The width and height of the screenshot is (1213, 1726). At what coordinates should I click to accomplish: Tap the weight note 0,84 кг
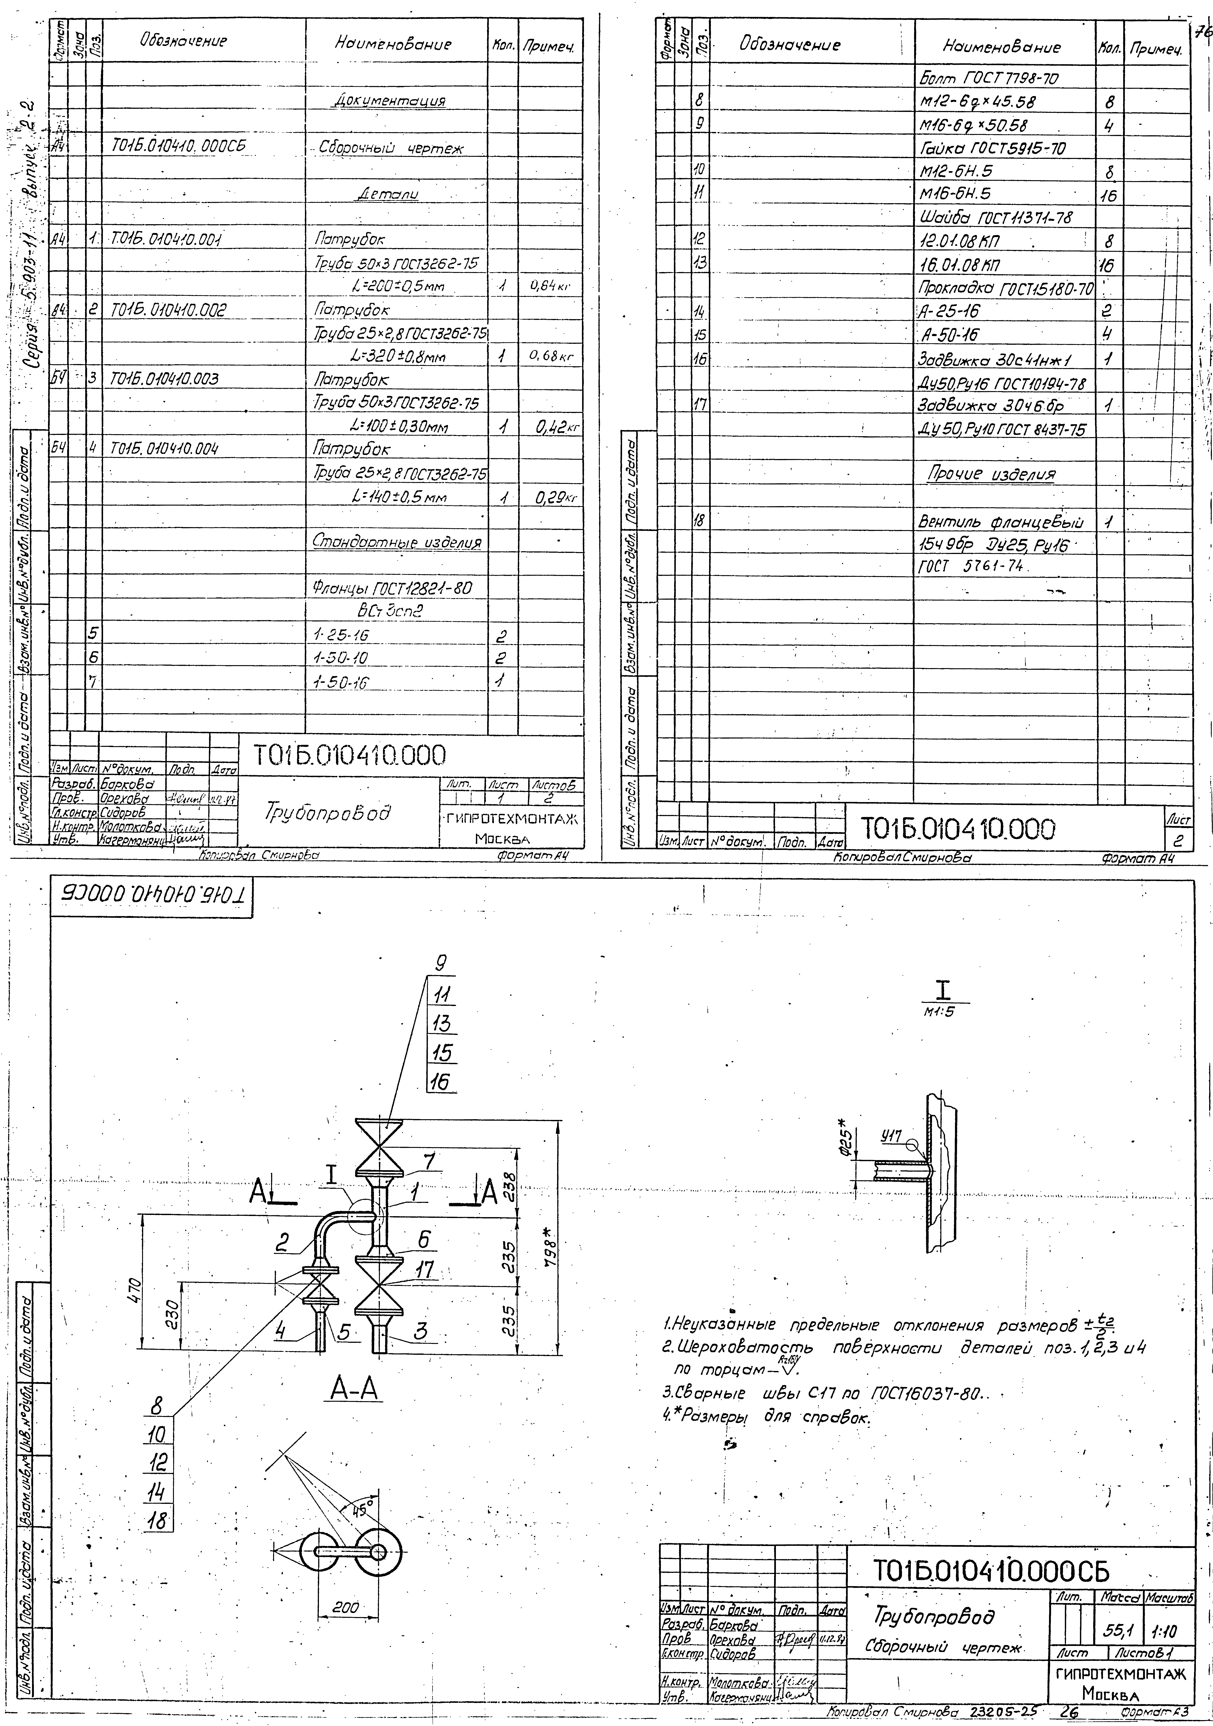tap(553, 286)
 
